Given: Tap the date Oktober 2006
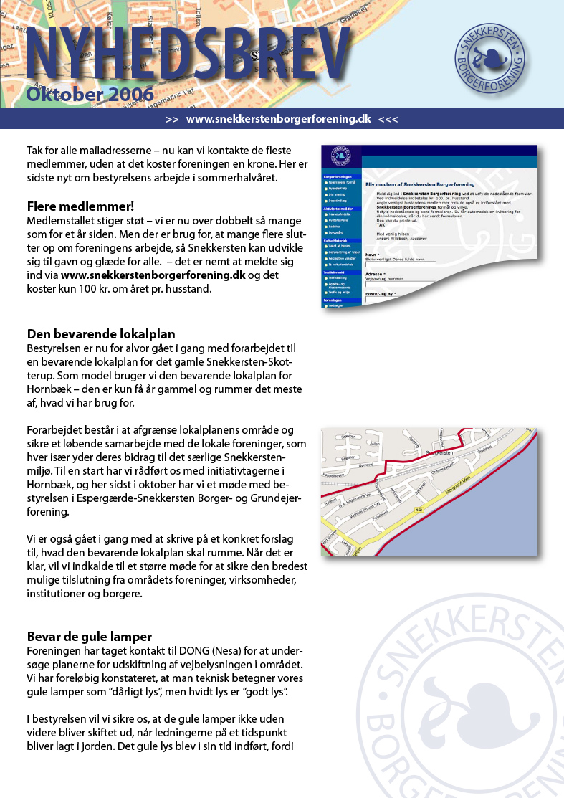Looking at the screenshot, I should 90,95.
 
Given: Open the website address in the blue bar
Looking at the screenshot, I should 278,119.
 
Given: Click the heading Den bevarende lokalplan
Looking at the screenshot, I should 101,334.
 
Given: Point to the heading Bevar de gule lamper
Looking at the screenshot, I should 90,637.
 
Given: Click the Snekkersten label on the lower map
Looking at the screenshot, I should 444,453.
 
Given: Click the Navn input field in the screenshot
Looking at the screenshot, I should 400,262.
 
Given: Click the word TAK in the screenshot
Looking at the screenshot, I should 381,225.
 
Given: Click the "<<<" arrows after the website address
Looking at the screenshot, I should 388,119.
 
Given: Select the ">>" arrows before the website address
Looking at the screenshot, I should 172,119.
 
